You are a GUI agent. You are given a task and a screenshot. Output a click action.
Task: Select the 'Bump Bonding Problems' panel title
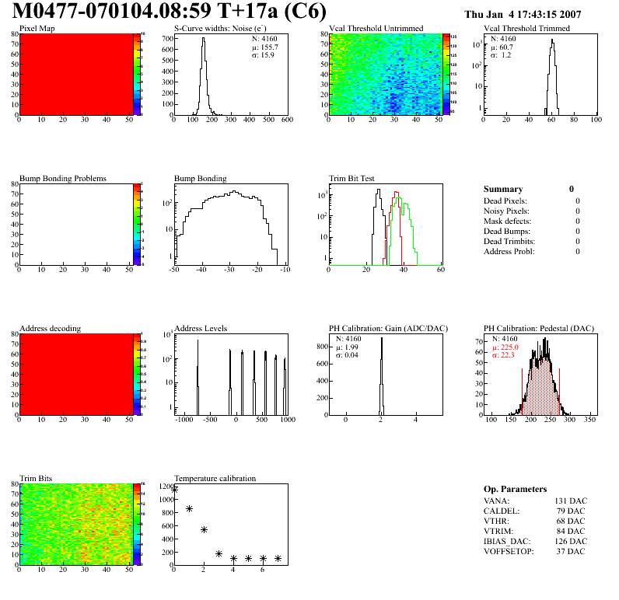[x=63, y=179]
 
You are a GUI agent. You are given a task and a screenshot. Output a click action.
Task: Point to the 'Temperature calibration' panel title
[x=215, y=478]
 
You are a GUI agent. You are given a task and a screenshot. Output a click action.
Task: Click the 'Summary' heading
[x=503, y=189]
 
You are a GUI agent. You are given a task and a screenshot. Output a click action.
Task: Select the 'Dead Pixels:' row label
[x=506, y=201]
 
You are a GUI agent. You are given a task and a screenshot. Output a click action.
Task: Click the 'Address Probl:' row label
[x=509, y=251]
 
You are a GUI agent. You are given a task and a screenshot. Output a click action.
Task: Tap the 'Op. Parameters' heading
[x=515, y=489]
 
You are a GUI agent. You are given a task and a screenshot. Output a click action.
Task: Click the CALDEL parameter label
[x=501, y=511]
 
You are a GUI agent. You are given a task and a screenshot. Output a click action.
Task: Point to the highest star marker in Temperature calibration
[x=175, y=490]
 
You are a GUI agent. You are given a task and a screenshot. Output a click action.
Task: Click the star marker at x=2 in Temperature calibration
[x=204, y=529]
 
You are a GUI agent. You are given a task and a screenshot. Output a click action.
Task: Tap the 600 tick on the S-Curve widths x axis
[x=286, y=120]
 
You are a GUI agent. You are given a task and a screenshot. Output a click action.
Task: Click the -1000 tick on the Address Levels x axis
[x=184, y=420]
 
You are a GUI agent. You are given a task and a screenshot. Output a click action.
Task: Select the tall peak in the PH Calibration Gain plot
[x=382, y=365]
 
